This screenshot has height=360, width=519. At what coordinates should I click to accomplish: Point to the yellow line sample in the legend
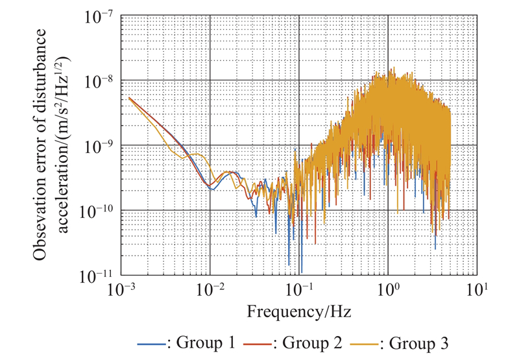click(x=366, y=342)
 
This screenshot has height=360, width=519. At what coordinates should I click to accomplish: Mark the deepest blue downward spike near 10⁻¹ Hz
click(x=301, y=271)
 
